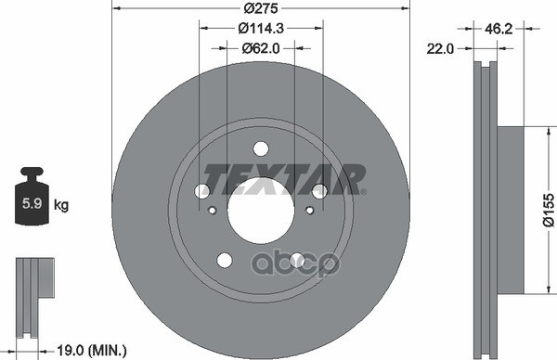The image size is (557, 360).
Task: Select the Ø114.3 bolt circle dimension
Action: click(x=261, y=30)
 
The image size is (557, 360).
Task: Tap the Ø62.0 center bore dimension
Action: click(x=261, y=48)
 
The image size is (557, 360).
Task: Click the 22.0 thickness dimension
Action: click(x=441, y=50)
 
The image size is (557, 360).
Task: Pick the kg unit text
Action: click(x=61, y=202)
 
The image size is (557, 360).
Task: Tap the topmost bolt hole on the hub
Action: click(x=260, y=148)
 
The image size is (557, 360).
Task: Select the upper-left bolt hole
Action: click(x=202, y=190)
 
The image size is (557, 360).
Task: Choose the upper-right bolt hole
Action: click(x=319, y=190)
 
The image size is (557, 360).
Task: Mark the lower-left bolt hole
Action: click(x=224, y=260)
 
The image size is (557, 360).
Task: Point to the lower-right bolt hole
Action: click(x=297, y=260)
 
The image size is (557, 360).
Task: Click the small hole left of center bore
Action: click(x=213, y=210)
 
